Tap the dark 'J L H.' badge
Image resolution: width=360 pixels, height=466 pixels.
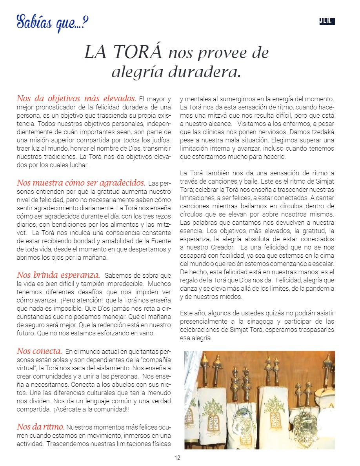327,22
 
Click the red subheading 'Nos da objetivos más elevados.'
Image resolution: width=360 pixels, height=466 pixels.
76,98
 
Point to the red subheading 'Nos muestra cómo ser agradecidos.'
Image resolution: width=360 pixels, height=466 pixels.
81,183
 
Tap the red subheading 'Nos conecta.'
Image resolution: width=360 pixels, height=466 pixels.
40,351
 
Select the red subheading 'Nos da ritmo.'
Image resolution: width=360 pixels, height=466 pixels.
41,426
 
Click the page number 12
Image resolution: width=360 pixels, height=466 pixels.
177,458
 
